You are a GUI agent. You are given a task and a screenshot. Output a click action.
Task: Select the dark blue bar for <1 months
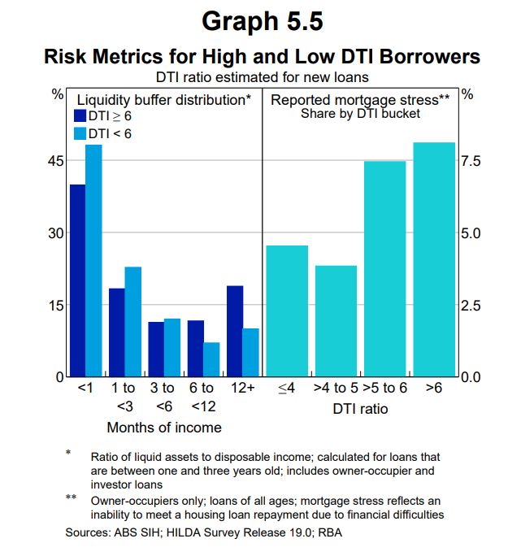point(78,280)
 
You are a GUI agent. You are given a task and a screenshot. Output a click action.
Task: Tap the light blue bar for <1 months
point(93,260)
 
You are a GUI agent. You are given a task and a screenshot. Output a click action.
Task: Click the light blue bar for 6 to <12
point(211,359)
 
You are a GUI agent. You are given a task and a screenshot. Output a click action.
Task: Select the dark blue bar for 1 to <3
point(117,332)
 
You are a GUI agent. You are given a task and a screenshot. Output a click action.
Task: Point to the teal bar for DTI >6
point(434,259)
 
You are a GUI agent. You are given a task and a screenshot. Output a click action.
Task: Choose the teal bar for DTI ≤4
point(287,311)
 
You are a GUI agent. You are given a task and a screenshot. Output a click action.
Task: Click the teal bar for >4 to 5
point(336,320)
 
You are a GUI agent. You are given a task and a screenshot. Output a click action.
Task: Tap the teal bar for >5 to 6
point(384,268)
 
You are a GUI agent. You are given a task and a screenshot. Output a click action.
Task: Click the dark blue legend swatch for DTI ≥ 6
point(80,116)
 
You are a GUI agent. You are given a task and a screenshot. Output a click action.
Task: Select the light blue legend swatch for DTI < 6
point(80,133)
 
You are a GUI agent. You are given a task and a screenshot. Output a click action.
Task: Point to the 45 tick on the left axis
point(55,161)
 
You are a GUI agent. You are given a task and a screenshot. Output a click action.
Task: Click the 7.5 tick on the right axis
point(471,161)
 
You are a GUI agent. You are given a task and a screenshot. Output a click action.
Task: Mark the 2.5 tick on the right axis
point(471,306)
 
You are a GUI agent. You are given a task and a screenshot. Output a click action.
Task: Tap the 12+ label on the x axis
point(242,389)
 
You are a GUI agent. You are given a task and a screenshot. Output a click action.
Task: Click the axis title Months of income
point(164,427)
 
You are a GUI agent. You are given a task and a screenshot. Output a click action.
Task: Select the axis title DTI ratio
point(360,409)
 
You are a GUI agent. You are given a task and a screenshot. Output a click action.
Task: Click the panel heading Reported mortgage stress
point(360,100)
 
